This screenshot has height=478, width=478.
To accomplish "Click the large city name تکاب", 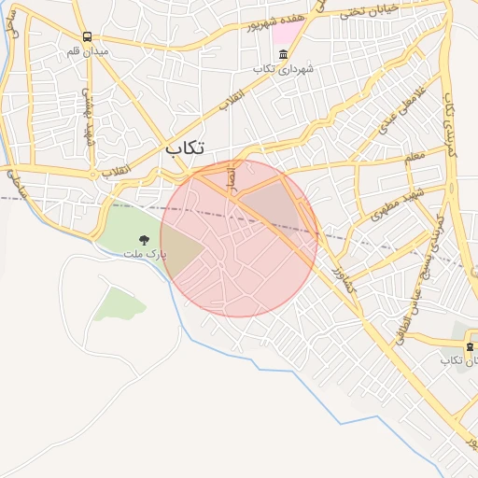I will (185, 148).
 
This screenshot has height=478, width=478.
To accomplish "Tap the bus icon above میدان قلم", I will (87, 37).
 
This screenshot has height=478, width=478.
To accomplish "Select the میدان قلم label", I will (87, 51).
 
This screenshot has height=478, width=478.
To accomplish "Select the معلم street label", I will (415, 159).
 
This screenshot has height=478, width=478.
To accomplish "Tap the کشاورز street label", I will (343, 278).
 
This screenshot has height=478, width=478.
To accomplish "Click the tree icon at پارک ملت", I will (144, 241).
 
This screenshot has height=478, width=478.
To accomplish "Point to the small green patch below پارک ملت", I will (119, 303).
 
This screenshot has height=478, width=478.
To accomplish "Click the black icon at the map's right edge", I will (470, 346).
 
